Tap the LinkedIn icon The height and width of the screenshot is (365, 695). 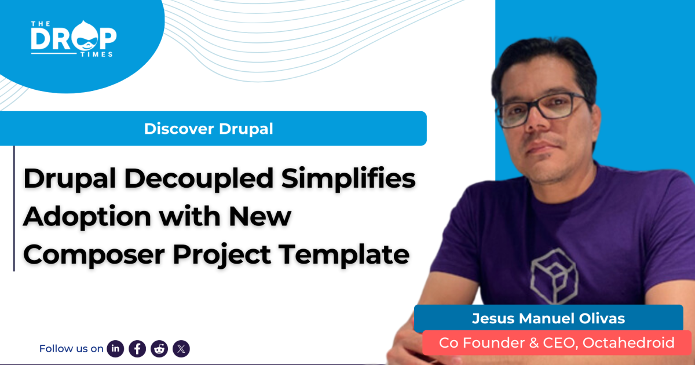116,348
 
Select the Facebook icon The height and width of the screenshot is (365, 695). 137,348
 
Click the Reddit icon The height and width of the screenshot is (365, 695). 159,348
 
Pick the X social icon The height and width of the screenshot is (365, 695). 181,348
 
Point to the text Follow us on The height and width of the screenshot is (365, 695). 71,348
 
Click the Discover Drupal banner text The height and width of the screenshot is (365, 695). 209,129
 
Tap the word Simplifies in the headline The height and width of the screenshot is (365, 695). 348,179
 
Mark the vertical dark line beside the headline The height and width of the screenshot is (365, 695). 14,209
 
